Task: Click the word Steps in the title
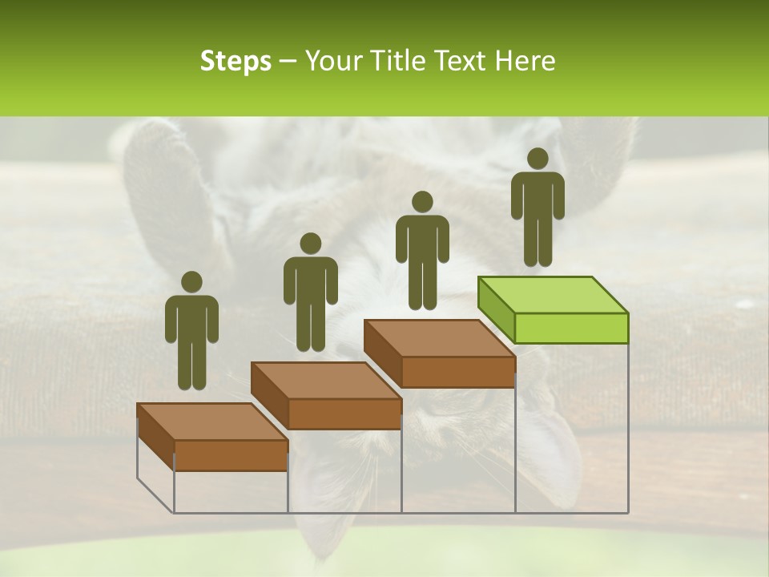236,62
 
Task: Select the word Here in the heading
525,62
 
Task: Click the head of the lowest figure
191,282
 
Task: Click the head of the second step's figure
310,244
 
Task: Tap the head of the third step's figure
422,201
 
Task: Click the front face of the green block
571,328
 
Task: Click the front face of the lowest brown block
231,455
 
